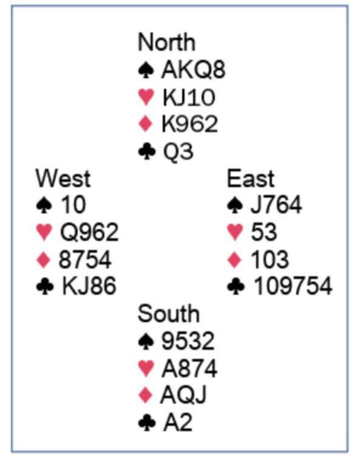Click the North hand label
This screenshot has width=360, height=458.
166,42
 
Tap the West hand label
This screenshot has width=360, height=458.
63,178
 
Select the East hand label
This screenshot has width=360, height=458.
251,178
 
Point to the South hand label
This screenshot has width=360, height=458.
169,314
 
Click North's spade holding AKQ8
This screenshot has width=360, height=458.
193,70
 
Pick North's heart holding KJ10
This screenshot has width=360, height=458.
189,97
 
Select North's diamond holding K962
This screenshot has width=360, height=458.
189,124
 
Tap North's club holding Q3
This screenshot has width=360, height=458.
178,151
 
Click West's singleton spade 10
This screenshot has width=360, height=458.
73,204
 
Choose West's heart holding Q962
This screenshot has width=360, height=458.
89,232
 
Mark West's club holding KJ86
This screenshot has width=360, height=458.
89,286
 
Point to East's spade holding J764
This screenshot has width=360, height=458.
276,204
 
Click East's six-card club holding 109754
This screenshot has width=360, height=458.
293,286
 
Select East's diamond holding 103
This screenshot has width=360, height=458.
270,259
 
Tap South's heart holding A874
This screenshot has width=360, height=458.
189,368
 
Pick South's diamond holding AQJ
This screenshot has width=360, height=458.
183,395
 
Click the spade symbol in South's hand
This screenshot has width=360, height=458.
146,341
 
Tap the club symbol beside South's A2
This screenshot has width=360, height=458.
147,422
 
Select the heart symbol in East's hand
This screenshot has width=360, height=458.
235,232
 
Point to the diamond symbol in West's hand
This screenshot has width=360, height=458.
44,260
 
